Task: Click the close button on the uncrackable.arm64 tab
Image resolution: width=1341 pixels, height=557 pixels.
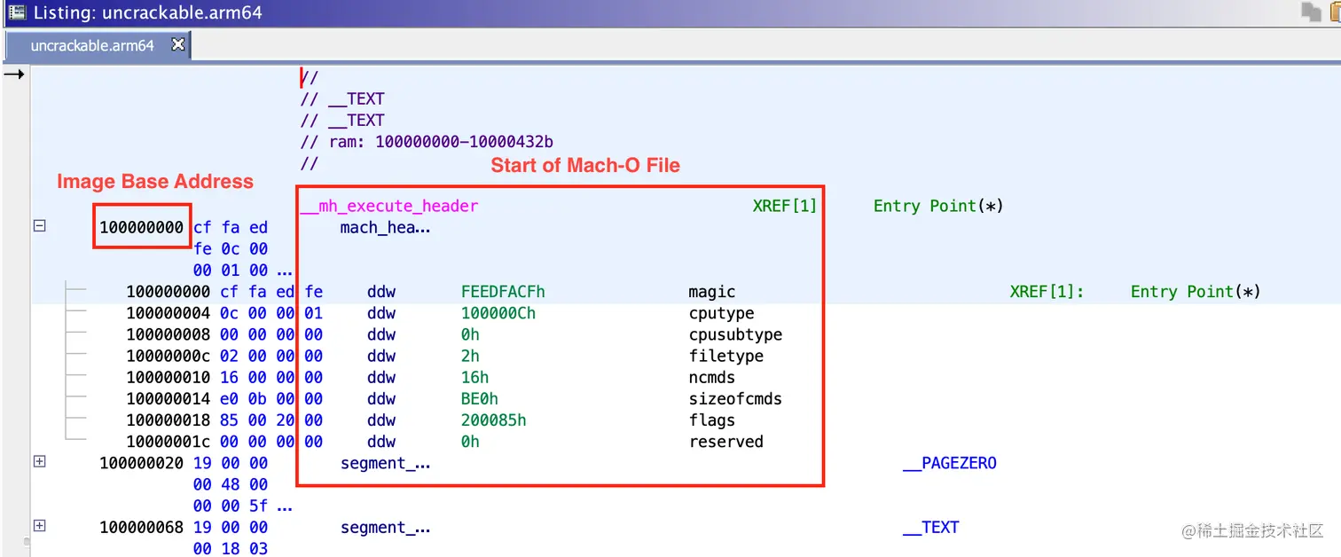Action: (x=177, y=44)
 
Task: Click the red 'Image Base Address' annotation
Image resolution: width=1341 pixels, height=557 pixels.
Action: (x=155, y=182)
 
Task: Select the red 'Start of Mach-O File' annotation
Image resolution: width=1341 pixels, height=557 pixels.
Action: (x=585, y=166)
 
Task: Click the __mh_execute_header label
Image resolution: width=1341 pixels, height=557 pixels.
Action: (x=389, y=206)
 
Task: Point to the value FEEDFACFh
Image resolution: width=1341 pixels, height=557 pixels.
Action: (x=503, y=292)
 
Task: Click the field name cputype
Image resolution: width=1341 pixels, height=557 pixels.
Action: (x=721, y=313)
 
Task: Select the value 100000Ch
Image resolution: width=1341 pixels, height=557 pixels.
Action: (x=498, y=313)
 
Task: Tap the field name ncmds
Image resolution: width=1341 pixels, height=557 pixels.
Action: (x=711, y=377)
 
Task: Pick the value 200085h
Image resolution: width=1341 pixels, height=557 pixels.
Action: (x=493, y=420)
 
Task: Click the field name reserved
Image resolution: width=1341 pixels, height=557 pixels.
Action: (x=725, y=442)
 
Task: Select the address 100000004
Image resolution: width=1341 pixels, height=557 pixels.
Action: (x=169, y=313)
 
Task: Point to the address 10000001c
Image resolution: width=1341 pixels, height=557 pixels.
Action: (x=169, y=442)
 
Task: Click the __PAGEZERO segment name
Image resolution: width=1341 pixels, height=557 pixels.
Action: (x=950, y=463)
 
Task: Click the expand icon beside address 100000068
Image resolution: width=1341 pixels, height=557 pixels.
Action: (x=39, y=526)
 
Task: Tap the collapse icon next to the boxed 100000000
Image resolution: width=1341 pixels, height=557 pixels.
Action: (x=39, y=226)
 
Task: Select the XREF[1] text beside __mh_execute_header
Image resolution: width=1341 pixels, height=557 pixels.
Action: (x=784, y=206)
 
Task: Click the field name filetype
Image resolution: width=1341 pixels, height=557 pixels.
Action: (x=725, y=356)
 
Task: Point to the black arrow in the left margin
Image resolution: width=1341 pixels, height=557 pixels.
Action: (x=14, y=75)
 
